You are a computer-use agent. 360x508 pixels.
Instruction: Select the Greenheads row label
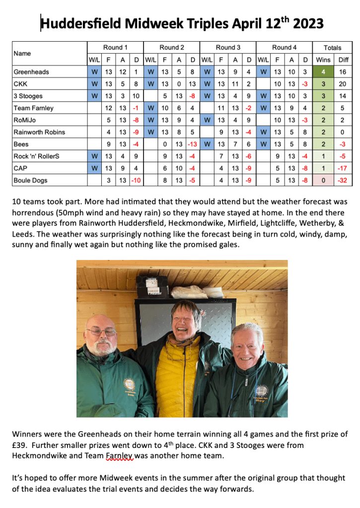pyautogui.click(x=31, y=72)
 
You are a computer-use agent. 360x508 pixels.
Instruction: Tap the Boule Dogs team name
pyautogui.click(x=30, y=180)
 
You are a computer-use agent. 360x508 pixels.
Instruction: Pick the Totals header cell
pyautogui.click(x=332, y=48)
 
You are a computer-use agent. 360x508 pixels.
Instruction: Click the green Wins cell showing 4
pyautogui.click(x=323, y=72)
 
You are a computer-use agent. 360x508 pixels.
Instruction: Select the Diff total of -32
pyautogui.click(x=342, y=180)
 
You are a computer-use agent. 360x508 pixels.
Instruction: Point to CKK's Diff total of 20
pyautogui.click(x=342, y=84)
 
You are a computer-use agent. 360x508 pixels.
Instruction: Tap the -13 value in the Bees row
pyautogui.click(x=193, y=144)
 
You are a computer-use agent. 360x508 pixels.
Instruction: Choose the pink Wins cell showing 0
pyautogui.click(x=323, y=180)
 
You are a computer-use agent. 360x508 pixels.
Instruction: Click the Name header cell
pyautogui.click(x=22, y=53)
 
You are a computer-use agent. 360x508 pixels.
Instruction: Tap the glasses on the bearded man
pyautogui.click(x=101, y=331)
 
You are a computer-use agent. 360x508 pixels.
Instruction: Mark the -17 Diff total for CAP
pyautogui.click(x=342, y=168)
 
